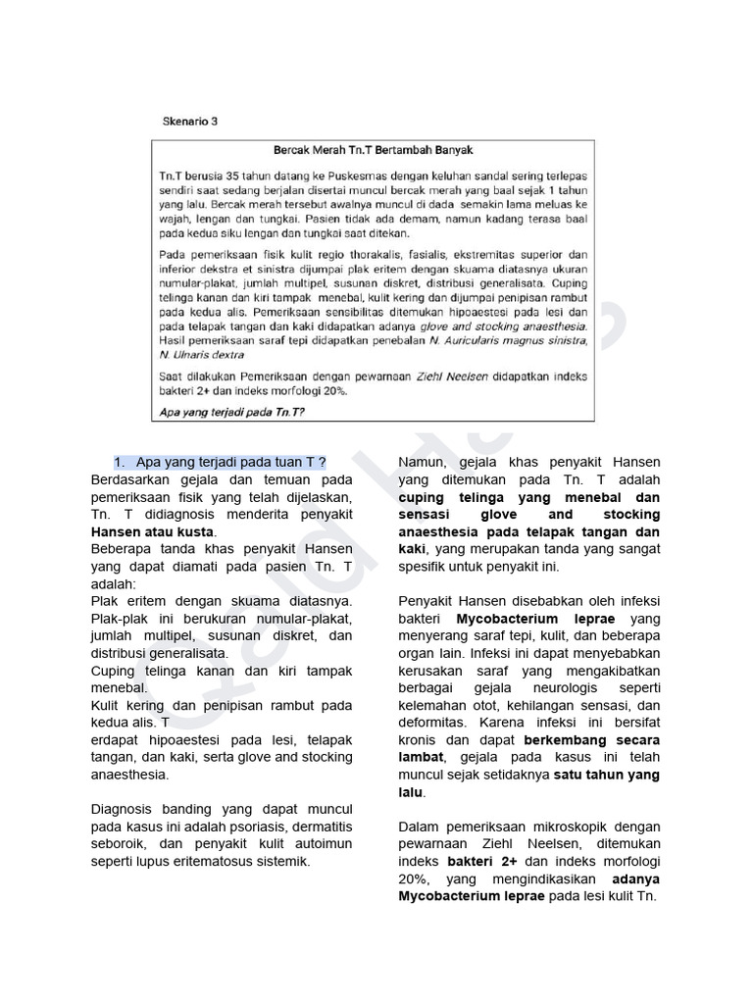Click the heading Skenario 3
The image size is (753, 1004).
coord(189,122)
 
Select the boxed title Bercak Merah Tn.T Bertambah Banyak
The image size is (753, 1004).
coord(373,150)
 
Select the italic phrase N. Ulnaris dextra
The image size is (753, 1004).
coord(201,354)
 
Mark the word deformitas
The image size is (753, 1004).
coord(433,723)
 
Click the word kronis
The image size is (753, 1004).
coord(422,740)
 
